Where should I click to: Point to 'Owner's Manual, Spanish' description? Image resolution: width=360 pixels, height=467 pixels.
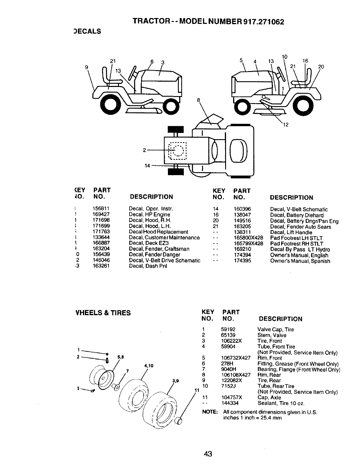(300, 261)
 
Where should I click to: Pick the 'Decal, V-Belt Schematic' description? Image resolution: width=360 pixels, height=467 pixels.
(299, 209)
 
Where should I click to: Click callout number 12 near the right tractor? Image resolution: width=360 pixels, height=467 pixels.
(285, 124)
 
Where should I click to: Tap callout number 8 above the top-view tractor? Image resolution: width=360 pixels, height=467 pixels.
(199, 100)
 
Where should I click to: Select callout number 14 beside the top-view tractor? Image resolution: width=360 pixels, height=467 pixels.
(147, 166)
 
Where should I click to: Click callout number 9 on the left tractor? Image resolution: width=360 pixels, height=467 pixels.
(87, 67)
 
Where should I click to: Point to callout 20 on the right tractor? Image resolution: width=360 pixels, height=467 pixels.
(321, 67)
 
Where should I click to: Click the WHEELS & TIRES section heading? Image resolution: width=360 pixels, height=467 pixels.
(103, 313)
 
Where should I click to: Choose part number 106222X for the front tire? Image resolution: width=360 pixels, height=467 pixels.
(231, 341)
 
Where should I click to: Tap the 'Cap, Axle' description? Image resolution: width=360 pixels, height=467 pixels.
(269, 397)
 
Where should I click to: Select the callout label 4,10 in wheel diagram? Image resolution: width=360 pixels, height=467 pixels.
(149, 366)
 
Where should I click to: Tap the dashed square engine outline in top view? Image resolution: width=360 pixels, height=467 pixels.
(178, 151)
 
